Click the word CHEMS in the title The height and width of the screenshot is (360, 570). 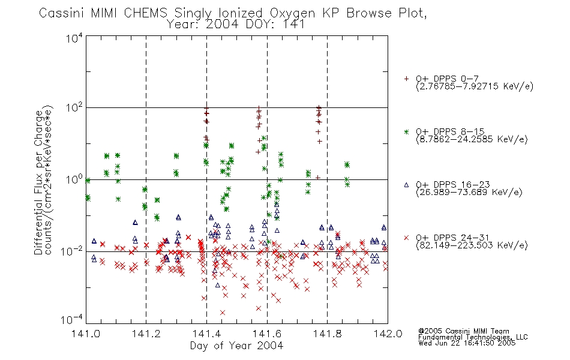[145, 13]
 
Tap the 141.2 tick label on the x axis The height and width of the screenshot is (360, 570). [146, 334]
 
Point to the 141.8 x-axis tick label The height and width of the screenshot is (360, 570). [327, 334]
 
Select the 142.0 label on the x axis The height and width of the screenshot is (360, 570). [388, 334]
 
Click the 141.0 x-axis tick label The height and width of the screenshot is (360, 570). [86, 334]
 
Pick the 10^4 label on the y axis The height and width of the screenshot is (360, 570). [74, 38]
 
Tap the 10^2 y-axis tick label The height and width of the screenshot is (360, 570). [74, 108]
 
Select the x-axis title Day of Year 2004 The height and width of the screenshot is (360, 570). [236, 346]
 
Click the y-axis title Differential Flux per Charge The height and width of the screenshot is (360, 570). [38, 182]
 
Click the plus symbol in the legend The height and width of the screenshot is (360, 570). [406, 79]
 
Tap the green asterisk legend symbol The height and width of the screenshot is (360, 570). [406, 131]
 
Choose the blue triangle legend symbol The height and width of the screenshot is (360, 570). [406, 185]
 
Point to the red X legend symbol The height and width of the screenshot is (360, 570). [406, 238]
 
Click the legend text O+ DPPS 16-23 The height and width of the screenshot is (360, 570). [453, 184]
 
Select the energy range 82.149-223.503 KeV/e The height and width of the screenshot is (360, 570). [472, 245]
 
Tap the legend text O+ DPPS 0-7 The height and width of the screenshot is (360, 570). [448, 79]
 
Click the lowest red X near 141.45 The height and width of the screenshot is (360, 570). [223, 313]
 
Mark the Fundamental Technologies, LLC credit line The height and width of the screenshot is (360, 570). [473, 337]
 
